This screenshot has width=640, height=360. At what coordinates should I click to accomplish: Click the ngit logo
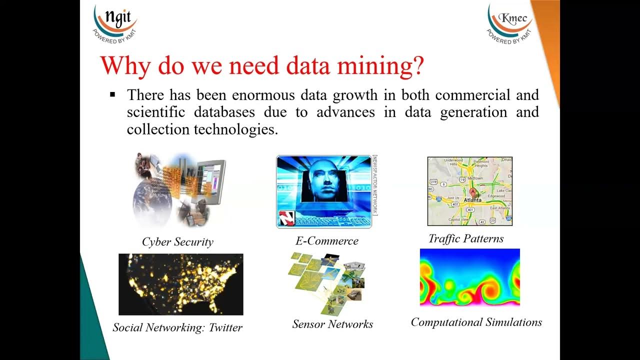point(115,22)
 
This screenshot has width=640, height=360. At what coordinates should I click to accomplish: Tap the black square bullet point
point(112,94)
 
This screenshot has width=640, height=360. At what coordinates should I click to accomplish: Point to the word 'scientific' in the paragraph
point(156,112)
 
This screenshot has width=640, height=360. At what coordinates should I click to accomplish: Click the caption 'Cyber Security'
point(177,242)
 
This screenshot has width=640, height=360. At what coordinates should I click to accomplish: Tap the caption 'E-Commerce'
point(327,241)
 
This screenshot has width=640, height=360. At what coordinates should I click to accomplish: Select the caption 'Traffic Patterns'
point(466,238)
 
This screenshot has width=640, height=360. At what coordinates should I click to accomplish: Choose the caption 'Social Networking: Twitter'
point(177,327)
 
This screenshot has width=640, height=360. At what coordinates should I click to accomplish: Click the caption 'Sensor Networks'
point(332,324)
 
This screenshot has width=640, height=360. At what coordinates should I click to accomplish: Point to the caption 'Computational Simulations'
point(476,322)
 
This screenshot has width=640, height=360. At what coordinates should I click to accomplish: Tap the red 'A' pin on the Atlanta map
point(472,192)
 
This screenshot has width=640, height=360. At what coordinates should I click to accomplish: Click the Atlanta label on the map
point(472,200)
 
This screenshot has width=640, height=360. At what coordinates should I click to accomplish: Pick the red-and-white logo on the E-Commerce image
point(287,219)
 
